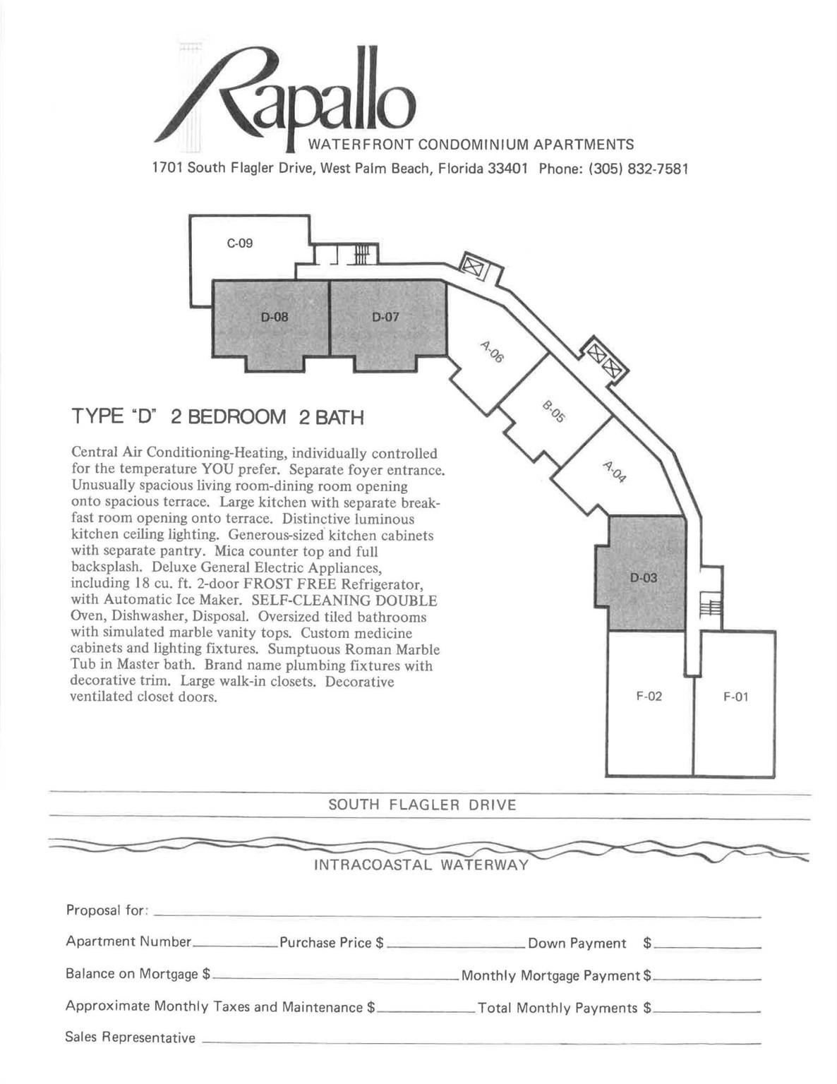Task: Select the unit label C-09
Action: (x=240, y=243)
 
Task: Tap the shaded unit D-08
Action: (x=275, y=318)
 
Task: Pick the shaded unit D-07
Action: (x=385, y=318)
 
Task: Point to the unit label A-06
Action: (x=492, y=351)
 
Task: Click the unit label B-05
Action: (x=554, y=411)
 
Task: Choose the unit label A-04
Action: (x=615, y=471)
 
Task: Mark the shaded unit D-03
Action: (x=644, y=578)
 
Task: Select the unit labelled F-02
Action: (x=649, y=697)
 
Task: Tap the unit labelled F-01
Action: (x=735, y=697)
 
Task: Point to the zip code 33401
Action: (x=508, y=169)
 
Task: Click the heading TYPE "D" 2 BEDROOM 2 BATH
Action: (x=217, y=417)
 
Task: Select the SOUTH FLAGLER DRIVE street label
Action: (x=422, y=805)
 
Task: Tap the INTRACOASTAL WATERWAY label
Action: (x=421, y=865)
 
